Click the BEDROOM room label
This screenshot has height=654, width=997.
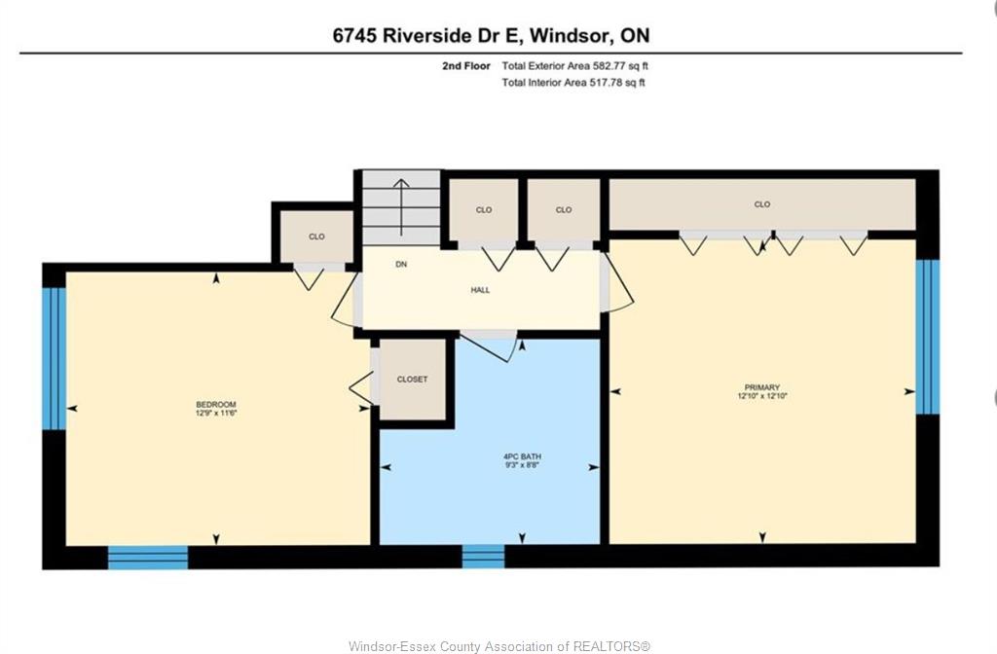pyautogui.click(x=215, y=404)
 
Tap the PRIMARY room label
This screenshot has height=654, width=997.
pyautogui.click(x=761, y=387)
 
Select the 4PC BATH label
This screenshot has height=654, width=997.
pyautogui.click(x=522, y=456)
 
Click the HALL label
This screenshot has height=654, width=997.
pyautogui.click(x=480, y=290)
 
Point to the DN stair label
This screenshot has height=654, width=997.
pyautogui.click(x=400, y=265)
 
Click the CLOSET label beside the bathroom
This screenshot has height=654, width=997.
pyautogui.click(x=412, y=380)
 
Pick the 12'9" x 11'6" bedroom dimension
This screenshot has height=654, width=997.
pyautogui.click(x=216, y=413)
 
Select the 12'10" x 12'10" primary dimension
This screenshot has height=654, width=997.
pyautogui.click(x=762, y=396)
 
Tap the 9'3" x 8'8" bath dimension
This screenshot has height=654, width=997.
pyautogui.click(x=522, y=465)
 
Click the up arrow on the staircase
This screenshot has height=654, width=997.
pyautogui.click(x=401, y=207)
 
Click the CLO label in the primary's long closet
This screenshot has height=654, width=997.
pyautogui.click(x=761, y=204)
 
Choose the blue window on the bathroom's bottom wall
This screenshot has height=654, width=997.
pyautogui.click(x=483, y=556)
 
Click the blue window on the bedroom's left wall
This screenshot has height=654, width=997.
pyautogui.click(x=55, y=358)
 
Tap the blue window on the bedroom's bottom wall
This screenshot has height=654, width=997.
pyautogui.click(x=148, y=558)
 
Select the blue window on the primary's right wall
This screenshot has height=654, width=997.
pyautogui.click(x=927, y=336)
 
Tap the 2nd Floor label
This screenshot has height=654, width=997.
pyautogui.click(x=466, y=65)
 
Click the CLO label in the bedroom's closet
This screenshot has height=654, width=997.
pyautogui.click(x=316, y=236)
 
